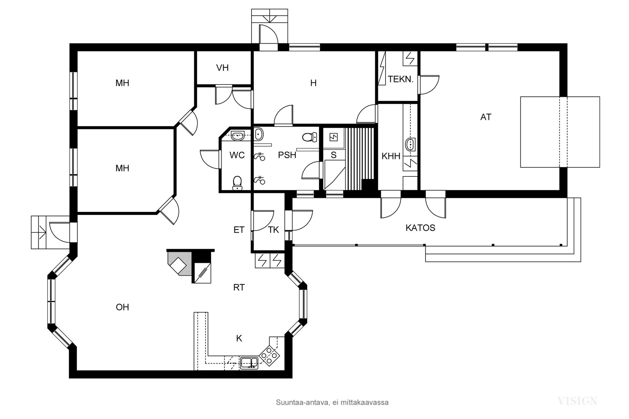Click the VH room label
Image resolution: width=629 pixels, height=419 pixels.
tap(222, 68)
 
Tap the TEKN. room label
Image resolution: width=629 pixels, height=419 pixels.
tap(400, 79)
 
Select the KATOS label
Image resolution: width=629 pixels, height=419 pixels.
tap(420, 228)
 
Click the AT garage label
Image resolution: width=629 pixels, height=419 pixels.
tap(486, 117)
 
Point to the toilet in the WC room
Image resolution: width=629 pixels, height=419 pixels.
tap(237, 183)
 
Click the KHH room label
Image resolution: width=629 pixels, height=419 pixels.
tap(391, 156)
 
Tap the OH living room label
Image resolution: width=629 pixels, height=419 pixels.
tap(122, 307)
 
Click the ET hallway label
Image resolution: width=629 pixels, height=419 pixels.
tap(239, 230)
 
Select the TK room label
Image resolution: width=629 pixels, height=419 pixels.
tap(274, 230)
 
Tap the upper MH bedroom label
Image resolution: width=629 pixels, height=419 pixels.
tap(122, 83)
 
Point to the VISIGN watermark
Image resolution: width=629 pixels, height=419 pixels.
tap(577, 401)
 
